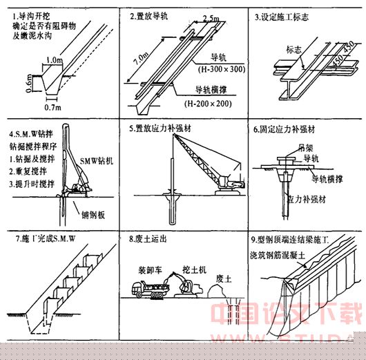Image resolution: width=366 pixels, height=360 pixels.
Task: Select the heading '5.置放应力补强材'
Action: click(x=164, y=129)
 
